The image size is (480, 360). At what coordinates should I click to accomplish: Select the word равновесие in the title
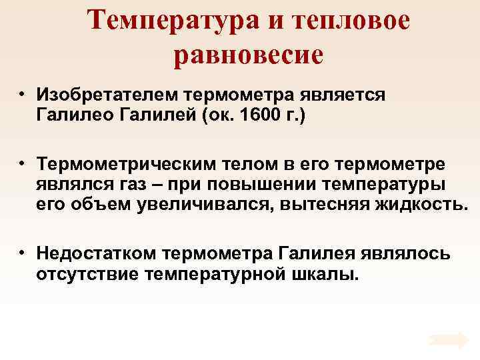coord(248,56)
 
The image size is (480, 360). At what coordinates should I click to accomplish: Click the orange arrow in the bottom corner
coord(449,340)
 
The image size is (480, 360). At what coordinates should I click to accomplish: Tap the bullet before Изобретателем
coord(22,94)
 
